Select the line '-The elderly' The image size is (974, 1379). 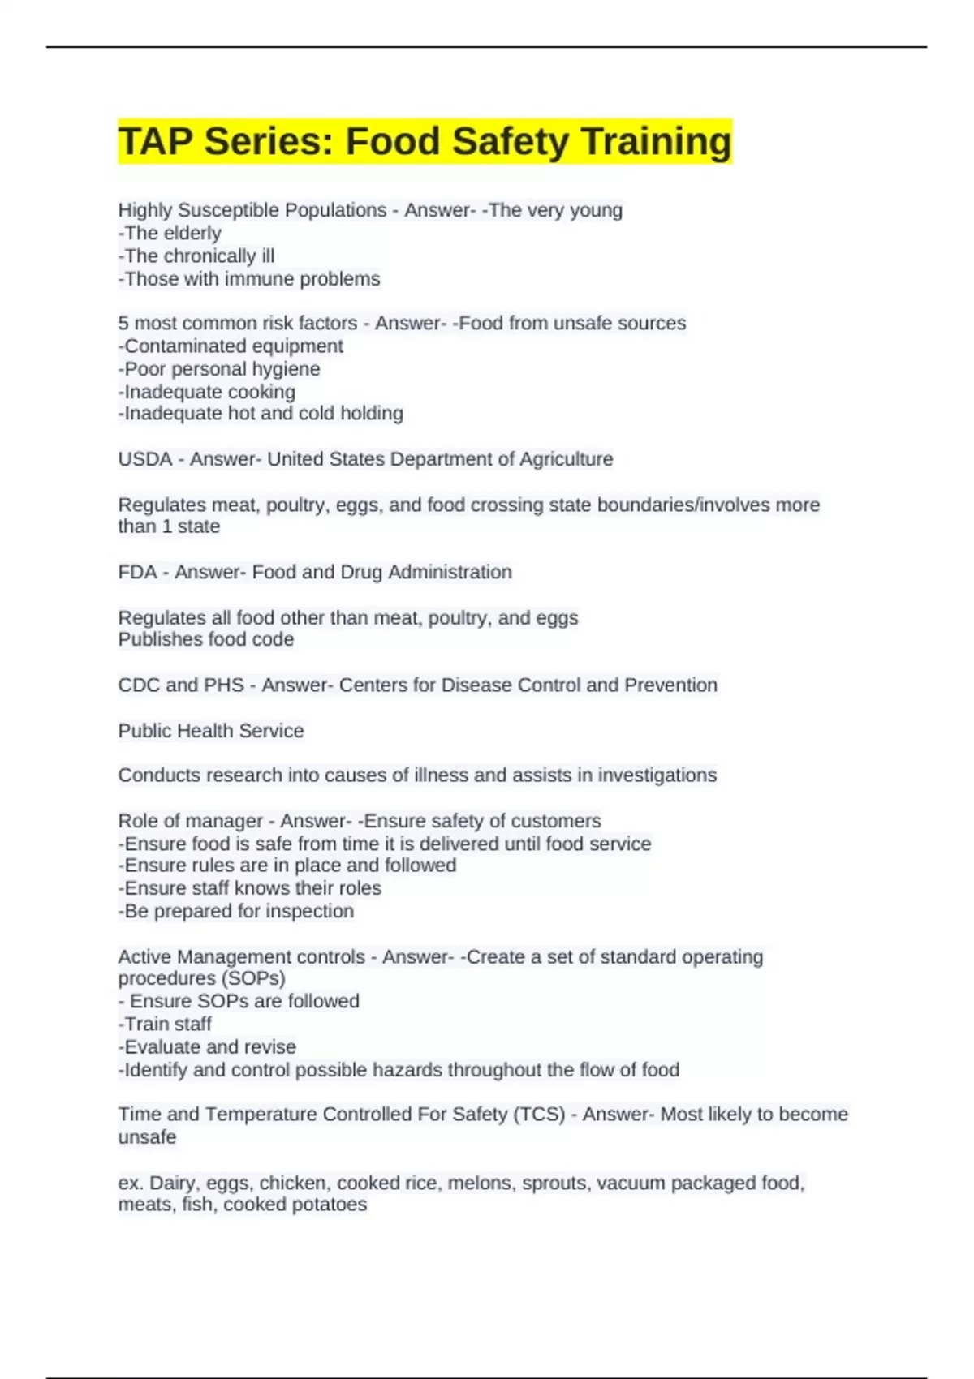pos(170,234)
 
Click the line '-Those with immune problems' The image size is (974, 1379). pos(249,279)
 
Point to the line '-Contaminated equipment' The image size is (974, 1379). pos(231,346)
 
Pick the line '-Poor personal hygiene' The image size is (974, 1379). pos(219,369)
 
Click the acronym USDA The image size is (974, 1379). pos(144,459)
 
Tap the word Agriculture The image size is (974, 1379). pos(566,459)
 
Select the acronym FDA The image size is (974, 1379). pos(137,572)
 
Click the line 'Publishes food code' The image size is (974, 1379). pos(206,639)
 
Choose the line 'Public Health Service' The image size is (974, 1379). pos(211,731)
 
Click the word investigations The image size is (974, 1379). pos(657,775)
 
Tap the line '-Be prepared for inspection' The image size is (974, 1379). pos(236,911)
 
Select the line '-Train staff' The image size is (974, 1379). pos(165,1024)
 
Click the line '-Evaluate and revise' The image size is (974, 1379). pos(207,1046)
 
